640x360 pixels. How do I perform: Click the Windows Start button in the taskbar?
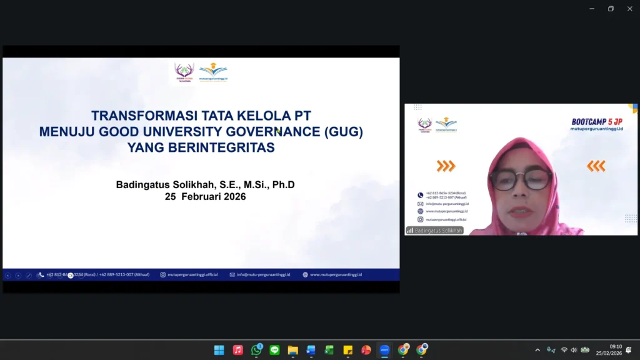point(219,350)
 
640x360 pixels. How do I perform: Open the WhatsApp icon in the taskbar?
point(256,350)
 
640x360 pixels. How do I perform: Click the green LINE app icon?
point(274,350)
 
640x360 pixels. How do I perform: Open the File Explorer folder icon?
point(292,350)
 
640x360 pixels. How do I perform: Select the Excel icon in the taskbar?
point(329,350)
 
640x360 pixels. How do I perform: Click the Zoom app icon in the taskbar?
point(385,350)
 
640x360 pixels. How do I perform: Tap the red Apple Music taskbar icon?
point(237,350)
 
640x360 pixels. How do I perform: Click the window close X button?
point(629,9)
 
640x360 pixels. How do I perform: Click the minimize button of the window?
point(592,9)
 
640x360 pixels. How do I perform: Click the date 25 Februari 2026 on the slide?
point(205,196)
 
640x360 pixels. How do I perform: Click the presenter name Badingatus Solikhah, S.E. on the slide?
point(169,184)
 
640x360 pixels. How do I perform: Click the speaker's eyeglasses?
point(521,179)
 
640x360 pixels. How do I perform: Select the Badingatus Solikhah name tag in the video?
point(435,231)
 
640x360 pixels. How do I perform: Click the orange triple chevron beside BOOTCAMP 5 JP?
point(446,166)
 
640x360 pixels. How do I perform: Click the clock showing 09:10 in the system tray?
point(616,347)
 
